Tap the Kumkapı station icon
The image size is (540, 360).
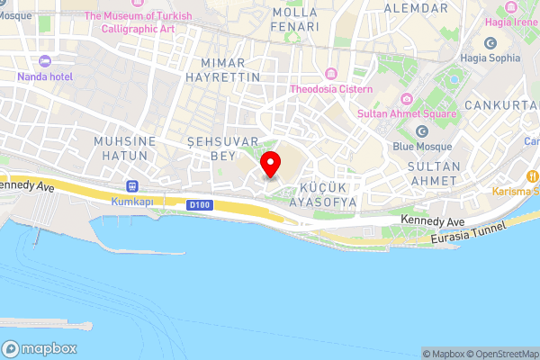coord(133,185)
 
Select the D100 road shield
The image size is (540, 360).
coord(199,205)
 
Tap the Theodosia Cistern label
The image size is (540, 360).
coord(331,88)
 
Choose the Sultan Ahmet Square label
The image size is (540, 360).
coord(409,114)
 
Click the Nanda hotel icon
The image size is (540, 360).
coord(47,61)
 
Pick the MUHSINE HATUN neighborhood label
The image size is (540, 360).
coord(125,148)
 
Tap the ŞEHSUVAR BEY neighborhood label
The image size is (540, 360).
coord(222,148)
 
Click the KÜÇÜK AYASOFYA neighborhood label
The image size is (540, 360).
coord(323,195)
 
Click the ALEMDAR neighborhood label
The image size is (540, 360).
coord(415,8)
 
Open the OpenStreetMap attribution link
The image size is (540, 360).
coord(505,354)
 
